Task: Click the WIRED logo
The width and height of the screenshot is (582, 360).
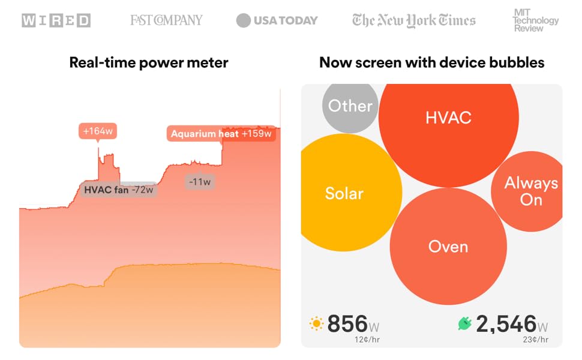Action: tap(56, 20)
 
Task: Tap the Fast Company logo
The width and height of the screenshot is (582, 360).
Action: tap(166, 20)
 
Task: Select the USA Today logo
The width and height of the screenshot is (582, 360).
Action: tap(277, 20)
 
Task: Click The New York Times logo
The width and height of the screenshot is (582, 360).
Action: tap(414, 20)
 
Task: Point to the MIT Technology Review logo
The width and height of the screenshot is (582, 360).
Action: tap(535, 20)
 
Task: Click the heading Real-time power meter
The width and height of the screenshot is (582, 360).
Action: tap(149, 62)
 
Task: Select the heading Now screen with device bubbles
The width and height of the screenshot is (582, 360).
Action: tap(431, 62)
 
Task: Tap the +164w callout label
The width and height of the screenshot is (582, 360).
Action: tap(98, 131)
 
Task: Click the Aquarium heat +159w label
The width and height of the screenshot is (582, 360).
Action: tap(221, 134)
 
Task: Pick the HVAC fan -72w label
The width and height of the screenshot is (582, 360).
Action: tap(119, 190)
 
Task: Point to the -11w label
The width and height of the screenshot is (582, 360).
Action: tap(199, 182)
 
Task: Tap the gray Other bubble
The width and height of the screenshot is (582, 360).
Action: tap(350, 106)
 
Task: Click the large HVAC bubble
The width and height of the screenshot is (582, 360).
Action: tap(448, 118)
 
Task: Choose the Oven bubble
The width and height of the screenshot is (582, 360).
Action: tap(448, 246)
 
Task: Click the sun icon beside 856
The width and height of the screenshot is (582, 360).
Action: tap(316, 325)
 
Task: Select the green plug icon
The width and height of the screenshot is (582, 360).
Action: tap(464, 325)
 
